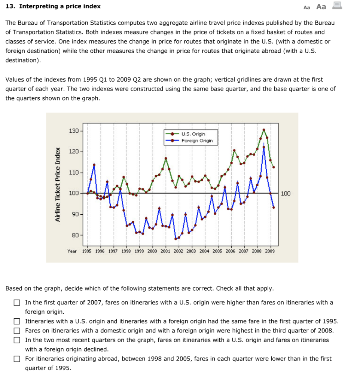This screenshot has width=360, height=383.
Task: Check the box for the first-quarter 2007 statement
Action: pos(16,303)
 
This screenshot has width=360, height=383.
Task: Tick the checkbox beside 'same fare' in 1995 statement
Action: pos(16,321)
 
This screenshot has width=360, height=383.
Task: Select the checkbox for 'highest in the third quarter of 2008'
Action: pos(16,331)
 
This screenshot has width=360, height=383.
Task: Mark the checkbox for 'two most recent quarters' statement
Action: pos(16,340)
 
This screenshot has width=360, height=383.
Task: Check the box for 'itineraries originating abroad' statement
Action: pos(16,359)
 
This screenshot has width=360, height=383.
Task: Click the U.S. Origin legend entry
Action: pos(193,134)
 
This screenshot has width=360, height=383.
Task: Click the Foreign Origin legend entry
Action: pos(197,141)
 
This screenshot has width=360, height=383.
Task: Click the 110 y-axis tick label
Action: pos(73,172)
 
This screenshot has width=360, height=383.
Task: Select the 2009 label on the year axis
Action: pos(269,251)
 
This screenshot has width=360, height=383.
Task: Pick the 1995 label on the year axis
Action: pos(87,251)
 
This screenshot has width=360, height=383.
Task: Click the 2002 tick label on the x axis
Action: pos(179,251)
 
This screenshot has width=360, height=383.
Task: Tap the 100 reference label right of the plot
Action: pos(286,193)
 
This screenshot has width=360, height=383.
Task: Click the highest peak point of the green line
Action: pos(264,130)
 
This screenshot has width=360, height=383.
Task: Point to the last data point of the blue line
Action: pos(274,207)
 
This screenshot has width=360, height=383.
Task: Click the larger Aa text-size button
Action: pos(321,6)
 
